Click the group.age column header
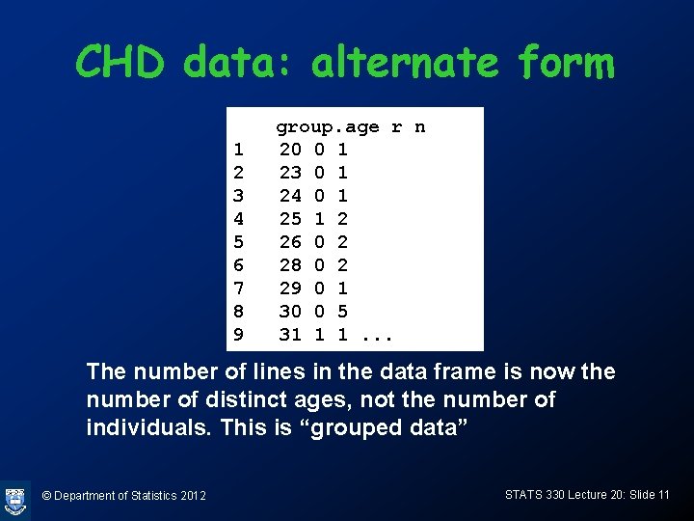[x=328, y=127]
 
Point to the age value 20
[x=289, y=150]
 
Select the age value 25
[x=289, y=219]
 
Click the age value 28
[x=289, y=265]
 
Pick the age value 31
[x=289, y=335]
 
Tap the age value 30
[x=289, y=312]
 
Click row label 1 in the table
[x=238, y=150]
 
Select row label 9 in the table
[x=238, y=335]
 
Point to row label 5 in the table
[x=238, y=242]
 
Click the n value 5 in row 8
[x=342, y=312]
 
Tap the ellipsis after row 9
[x=379, y=336]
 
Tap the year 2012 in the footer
[x=191, y=496]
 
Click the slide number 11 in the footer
[x=662, y=495]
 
